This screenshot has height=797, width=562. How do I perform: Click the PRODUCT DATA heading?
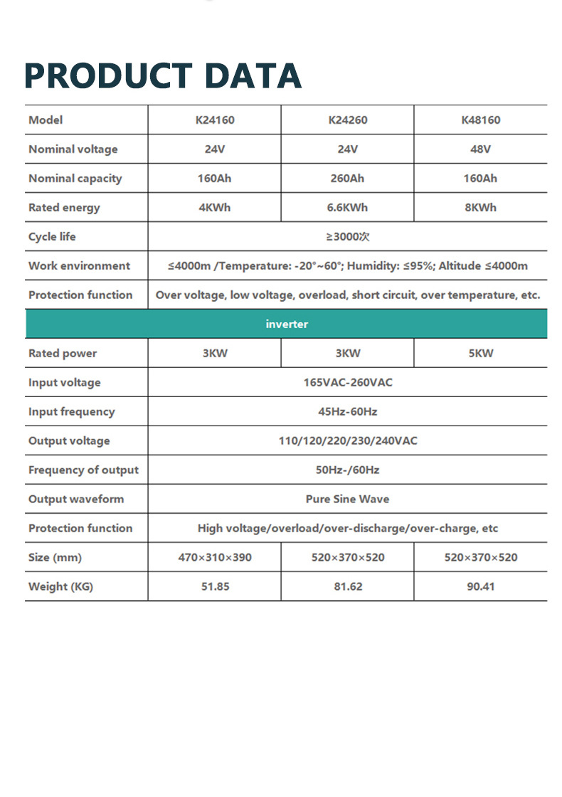pos(163,76)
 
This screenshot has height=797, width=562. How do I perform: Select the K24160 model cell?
pos(214,120)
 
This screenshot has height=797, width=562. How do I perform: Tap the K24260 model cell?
pos(348,120)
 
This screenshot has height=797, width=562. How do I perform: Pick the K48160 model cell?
pos(481,120)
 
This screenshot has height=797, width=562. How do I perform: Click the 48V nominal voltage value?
pos(481,149)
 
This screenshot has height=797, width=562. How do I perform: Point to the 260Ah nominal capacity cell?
pos(348,179)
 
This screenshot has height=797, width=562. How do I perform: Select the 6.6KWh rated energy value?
pos(348,208)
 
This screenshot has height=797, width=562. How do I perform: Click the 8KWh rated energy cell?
pos(481,208)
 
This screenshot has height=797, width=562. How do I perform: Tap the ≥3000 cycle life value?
pos(348,237)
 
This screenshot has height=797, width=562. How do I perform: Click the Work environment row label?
pos(79,266)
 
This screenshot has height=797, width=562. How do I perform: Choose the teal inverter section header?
pos(287,324)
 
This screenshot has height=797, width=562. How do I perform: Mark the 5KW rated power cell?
pos(481,354)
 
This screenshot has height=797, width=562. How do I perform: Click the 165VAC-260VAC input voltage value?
pos(348,383)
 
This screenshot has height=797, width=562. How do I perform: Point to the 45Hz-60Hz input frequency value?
pos(348,412)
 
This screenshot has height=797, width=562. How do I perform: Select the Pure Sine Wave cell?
pos(348,500)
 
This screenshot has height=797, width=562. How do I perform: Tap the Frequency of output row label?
pos(83,470)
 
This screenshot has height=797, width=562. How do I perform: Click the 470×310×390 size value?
pos(214,558)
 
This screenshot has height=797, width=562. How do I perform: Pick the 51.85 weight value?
pos(214,587)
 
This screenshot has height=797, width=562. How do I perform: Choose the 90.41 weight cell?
pos(481,587)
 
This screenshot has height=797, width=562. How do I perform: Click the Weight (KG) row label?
pos(60,587)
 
